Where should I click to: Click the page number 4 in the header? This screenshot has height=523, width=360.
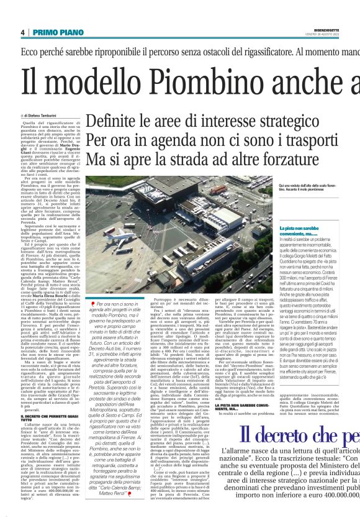tap(22, 32)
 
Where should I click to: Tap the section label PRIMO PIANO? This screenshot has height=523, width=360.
tap(55, 32)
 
